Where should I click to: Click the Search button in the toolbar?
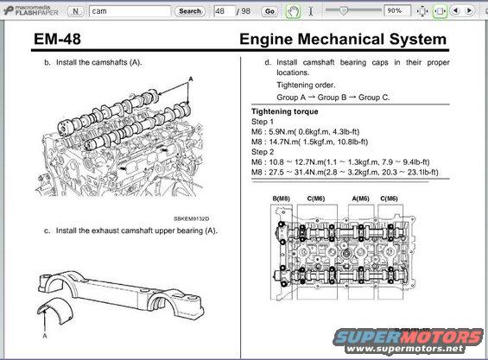click(x=189, y=11)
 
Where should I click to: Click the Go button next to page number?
click(x=269, y=11)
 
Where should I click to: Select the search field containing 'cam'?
click(x=128, y=11)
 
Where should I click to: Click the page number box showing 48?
click(x=225, y=11)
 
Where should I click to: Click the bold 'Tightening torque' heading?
click(x=287, y=112)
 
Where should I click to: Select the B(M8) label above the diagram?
click(x=282, y=199)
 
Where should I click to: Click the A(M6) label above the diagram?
click(x=360, y=199)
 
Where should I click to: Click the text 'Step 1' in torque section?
click(x=262, y=123)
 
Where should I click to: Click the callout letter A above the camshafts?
click(x=190, y=78)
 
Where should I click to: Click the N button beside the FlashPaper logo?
click(x=74, y=11)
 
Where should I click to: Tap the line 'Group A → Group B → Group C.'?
click(x=333, y=98)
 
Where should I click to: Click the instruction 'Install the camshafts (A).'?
click(x=98, y=63)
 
